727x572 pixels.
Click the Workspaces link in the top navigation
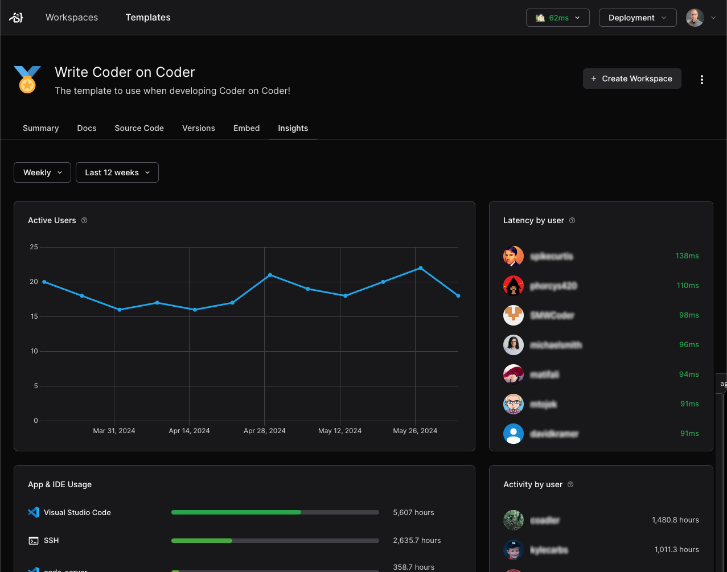(72, 18)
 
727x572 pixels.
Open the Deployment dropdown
(637, 18)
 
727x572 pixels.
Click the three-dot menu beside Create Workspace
(702, 80)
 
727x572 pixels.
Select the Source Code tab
(139, 128)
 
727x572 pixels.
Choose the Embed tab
(247, 128)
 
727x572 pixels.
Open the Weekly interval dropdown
(42, 172)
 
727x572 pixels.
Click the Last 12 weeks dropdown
(117, 172)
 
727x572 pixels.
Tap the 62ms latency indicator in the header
(557, 18)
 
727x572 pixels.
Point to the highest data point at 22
(421, 268)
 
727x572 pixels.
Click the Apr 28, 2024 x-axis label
(265, 431)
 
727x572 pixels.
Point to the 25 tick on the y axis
(34, 247)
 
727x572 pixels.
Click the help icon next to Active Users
(84, 220)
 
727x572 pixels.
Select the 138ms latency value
(687, 256)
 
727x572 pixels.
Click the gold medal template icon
(27, 80)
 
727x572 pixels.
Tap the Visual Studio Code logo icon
(34, 512)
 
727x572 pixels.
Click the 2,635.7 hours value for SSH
(417, 540)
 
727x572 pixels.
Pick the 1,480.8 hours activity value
(675, 520)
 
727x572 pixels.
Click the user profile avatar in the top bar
(695, 18)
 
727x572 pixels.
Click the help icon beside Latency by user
(572, 220)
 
